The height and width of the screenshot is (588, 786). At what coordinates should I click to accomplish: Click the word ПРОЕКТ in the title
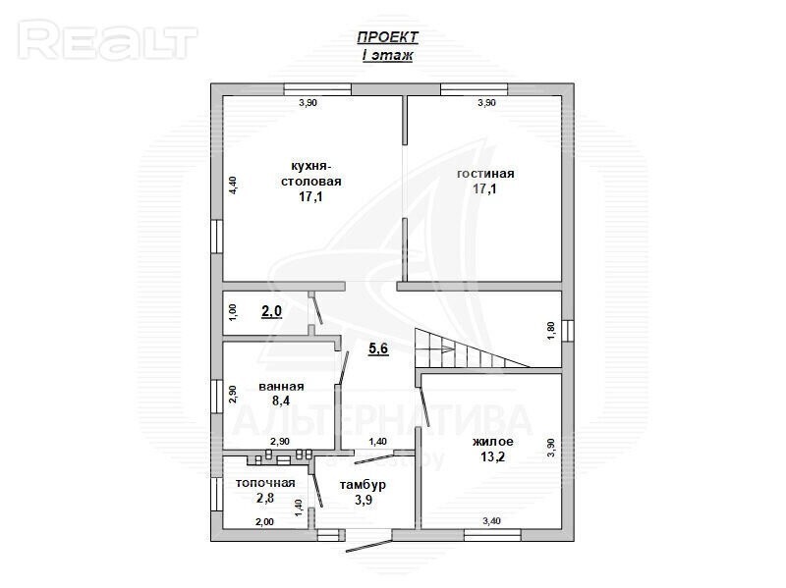coord(387,37)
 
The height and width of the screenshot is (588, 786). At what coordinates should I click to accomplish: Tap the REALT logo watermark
coord(108,40)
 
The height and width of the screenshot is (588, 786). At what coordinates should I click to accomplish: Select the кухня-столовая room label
coord(310,174)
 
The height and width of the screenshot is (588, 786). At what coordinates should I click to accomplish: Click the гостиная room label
coord(485,174)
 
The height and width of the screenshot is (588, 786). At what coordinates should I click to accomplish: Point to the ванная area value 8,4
coord(281,401)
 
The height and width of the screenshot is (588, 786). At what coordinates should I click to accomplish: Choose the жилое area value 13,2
coord(493,456)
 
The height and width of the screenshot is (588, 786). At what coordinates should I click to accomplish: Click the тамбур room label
coord(363,485)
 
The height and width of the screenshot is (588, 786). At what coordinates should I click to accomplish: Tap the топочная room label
coord(265,483)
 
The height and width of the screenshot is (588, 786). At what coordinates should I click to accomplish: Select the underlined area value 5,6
coord(378,348)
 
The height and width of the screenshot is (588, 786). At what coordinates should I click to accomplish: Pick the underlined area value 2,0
coord(272,311)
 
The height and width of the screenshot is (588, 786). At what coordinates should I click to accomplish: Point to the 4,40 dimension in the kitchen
coord(233,186)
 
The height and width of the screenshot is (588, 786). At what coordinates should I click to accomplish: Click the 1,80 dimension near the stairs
coord(551,332)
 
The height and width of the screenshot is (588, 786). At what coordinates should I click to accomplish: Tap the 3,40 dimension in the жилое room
coord(492,521)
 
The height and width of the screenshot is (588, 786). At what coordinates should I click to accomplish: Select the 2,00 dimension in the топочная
coord(264,522)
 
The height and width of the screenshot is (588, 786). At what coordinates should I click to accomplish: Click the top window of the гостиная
coord(474,89)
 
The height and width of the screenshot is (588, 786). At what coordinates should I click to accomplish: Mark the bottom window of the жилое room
coord(493,535)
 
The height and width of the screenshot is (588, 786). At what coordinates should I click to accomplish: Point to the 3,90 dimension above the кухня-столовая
coord(308,103)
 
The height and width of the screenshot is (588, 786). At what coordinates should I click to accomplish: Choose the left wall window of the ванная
coord(216,397)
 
